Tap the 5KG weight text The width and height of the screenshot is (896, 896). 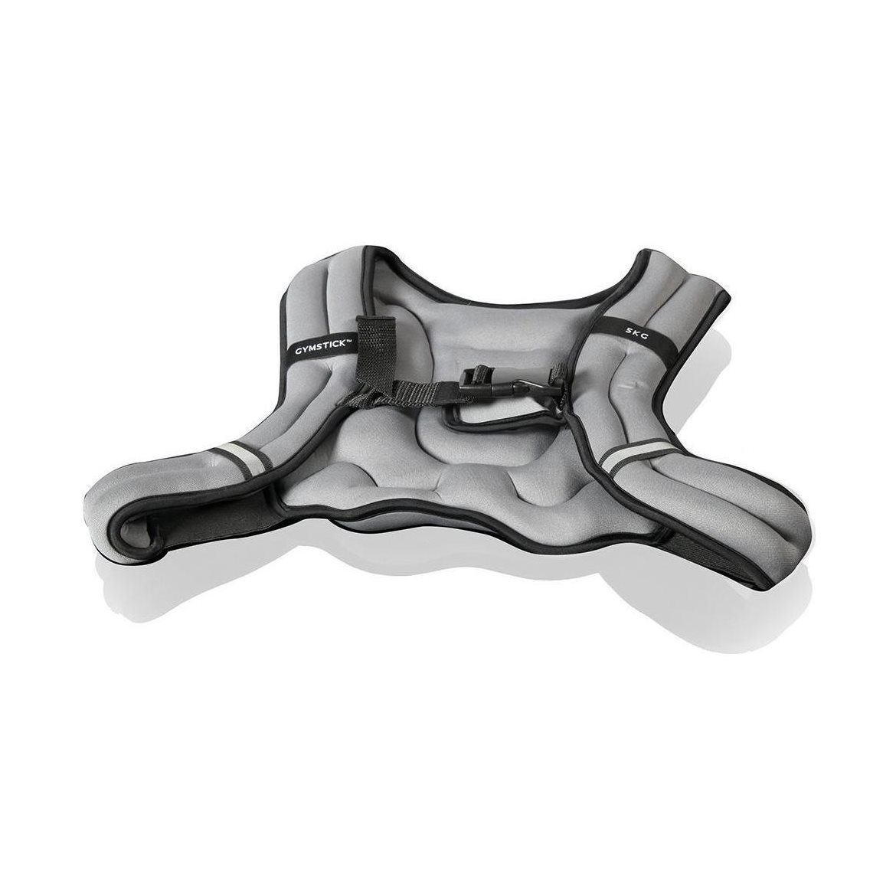coord(636,332)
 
